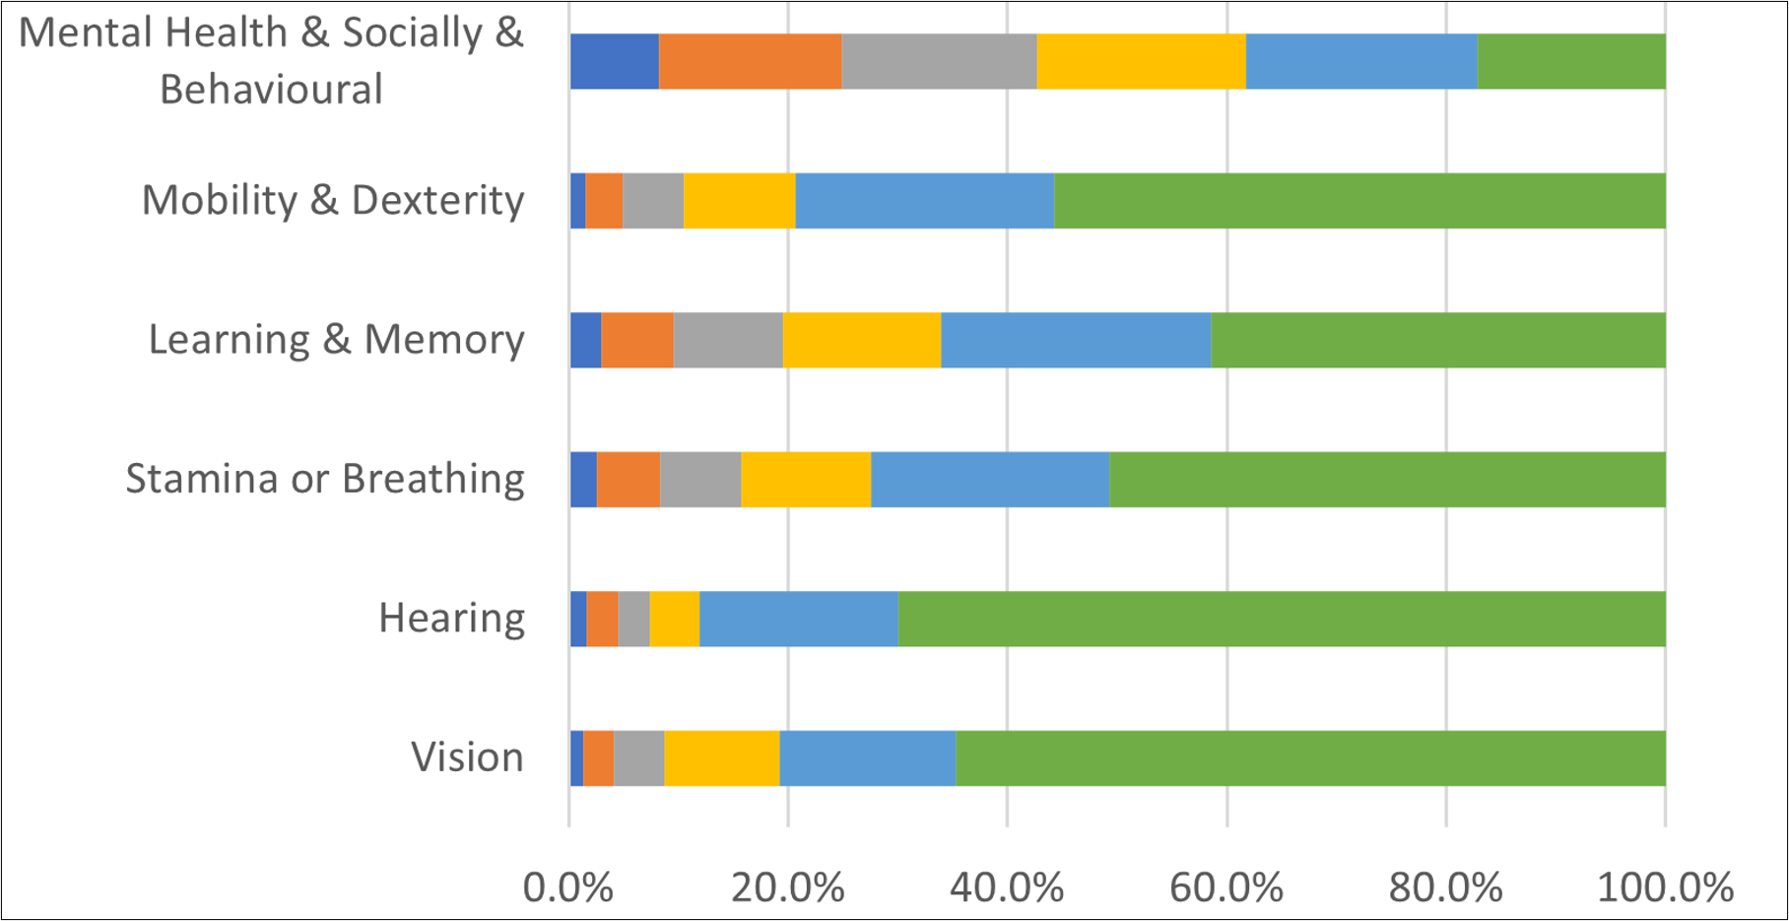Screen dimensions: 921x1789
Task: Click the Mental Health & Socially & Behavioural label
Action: coord(271,61)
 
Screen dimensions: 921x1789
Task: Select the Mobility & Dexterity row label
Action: coord(333,200)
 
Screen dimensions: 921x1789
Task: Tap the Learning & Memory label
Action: coord(336,340)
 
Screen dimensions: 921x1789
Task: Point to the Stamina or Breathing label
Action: coord(325,480)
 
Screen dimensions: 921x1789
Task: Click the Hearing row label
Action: coord(451,619)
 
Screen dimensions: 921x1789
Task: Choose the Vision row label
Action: coord(467,757)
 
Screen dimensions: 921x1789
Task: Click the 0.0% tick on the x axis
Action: coord(568,888)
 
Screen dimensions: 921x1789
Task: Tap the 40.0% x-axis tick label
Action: coord(1007,888)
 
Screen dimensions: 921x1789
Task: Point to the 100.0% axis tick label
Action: coord(1665,888)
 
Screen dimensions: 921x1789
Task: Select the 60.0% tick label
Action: coord(1226,888)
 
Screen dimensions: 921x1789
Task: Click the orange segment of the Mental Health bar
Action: coord(750,61)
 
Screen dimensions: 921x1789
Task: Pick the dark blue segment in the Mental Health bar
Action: coord(614,61)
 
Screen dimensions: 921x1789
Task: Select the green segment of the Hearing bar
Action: coord(1281,619)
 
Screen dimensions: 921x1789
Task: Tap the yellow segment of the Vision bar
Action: coord(721,757)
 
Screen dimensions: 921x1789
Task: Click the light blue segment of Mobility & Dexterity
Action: coord(924,200)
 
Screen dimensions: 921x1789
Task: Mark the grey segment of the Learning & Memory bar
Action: coord(728,340)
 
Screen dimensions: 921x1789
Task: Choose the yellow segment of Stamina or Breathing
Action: coord(806,480)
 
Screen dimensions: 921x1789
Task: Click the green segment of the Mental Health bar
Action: coord(1571,61)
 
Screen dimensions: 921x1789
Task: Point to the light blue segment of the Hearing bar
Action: coord(798,619)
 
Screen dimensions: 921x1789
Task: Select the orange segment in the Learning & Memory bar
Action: coord(637,340)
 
